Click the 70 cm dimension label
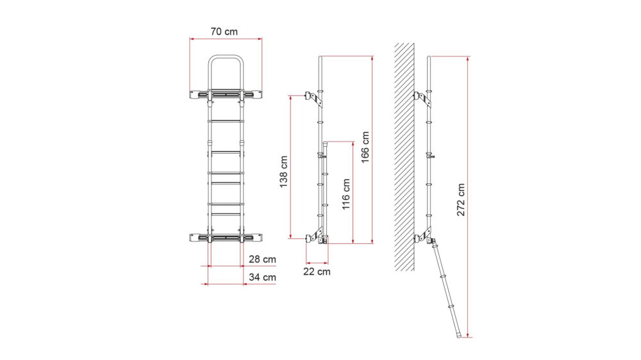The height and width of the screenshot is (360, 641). tap(225, 30)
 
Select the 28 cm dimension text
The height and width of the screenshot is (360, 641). tap(263, 259)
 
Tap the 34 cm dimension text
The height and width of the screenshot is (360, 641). tap(263, 277)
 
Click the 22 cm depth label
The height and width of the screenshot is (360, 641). tap(317, 272)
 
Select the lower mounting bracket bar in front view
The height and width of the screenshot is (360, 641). tap(226, 238)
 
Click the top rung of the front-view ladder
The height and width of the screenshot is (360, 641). tap(226, 119)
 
